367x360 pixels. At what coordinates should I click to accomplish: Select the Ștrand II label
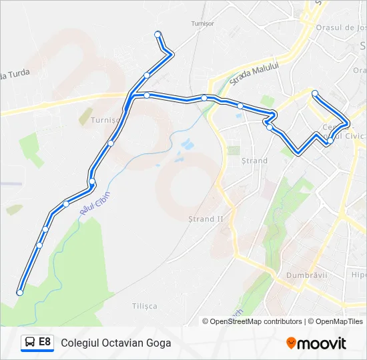click(206, 219)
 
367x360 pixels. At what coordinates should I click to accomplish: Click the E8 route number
click(45, 342)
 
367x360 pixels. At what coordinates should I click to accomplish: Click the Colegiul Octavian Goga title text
click(115, 343)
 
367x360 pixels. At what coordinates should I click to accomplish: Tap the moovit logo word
click(322, 343)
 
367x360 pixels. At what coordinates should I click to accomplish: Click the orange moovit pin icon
click(291, 343)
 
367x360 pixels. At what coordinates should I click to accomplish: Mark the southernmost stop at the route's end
click(20, 293)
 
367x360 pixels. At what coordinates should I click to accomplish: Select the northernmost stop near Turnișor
click(157, 34)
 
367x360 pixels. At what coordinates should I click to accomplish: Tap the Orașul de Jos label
click(342, 27)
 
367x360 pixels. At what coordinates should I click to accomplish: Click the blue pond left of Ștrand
click(187, 144)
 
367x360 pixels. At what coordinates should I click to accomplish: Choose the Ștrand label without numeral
click(254, 161)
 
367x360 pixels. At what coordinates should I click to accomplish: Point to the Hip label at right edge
click(359, 275)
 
